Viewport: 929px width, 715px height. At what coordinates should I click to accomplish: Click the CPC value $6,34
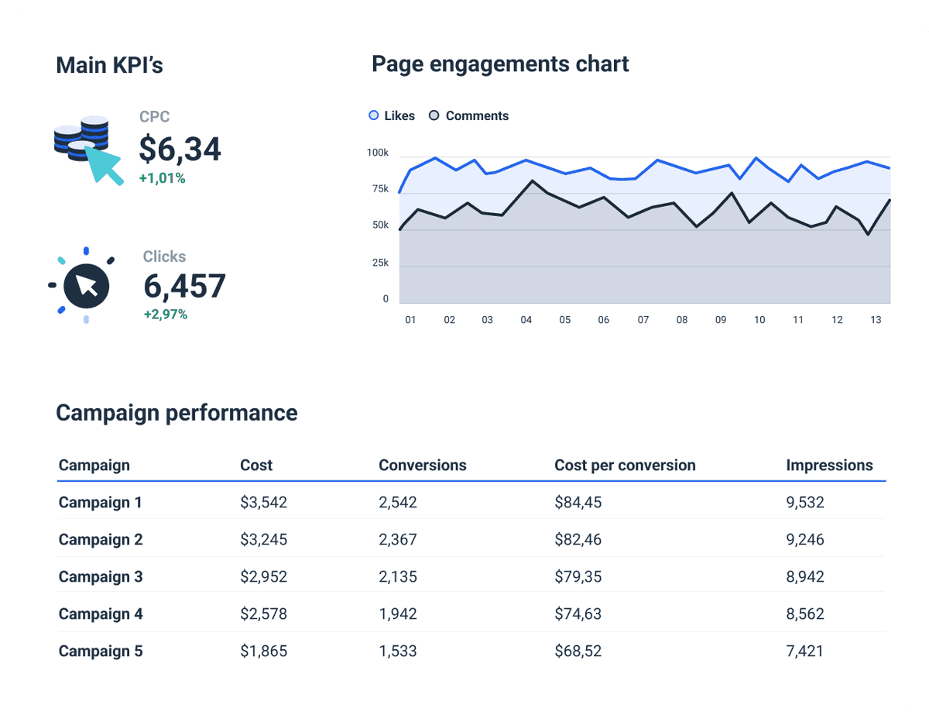pos(180,149)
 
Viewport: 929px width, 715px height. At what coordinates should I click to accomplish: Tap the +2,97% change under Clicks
pos(165,315)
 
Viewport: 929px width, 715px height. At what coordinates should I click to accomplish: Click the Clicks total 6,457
pos(184,287)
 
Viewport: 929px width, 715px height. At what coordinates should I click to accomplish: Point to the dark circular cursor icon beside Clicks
pos(86,286)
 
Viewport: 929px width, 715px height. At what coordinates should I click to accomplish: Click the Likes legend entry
pos(392,116)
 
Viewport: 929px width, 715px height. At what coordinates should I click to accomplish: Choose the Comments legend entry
pos(469,116)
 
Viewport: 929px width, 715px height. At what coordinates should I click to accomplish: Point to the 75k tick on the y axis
pos(380,189)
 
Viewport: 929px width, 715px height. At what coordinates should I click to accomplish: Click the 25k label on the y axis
pos(380,263)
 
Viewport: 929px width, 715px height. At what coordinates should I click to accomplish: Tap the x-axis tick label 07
pos(643,320)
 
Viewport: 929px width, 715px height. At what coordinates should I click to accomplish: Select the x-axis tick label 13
pos(876,320)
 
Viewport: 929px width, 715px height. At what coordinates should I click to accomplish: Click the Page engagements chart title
pos(500,64)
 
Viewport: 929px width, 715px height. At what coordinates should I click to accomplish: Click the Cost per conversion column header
pos(625,466)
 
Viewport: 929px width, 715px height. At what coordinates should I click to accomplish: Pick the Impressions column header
pos(829,466)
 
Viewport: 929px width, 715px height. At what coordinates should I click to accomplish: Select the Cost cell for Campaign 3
pos(263,577)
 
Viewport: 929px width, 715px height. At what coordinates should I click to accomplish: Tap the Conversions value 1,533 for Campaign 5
pos(398,651)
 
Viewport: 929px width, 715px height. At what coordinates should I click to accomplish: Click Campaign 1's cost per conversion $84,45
pos(578,503)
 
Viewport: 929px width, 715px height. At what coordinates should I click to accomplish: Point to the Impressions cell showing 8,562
pos(804,614)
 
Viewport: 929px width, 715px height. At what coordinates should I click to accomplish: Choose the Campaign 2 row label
pos(101,540)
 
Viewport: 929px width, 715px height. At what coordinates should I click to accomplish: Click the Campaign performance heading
pos(177,413)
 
